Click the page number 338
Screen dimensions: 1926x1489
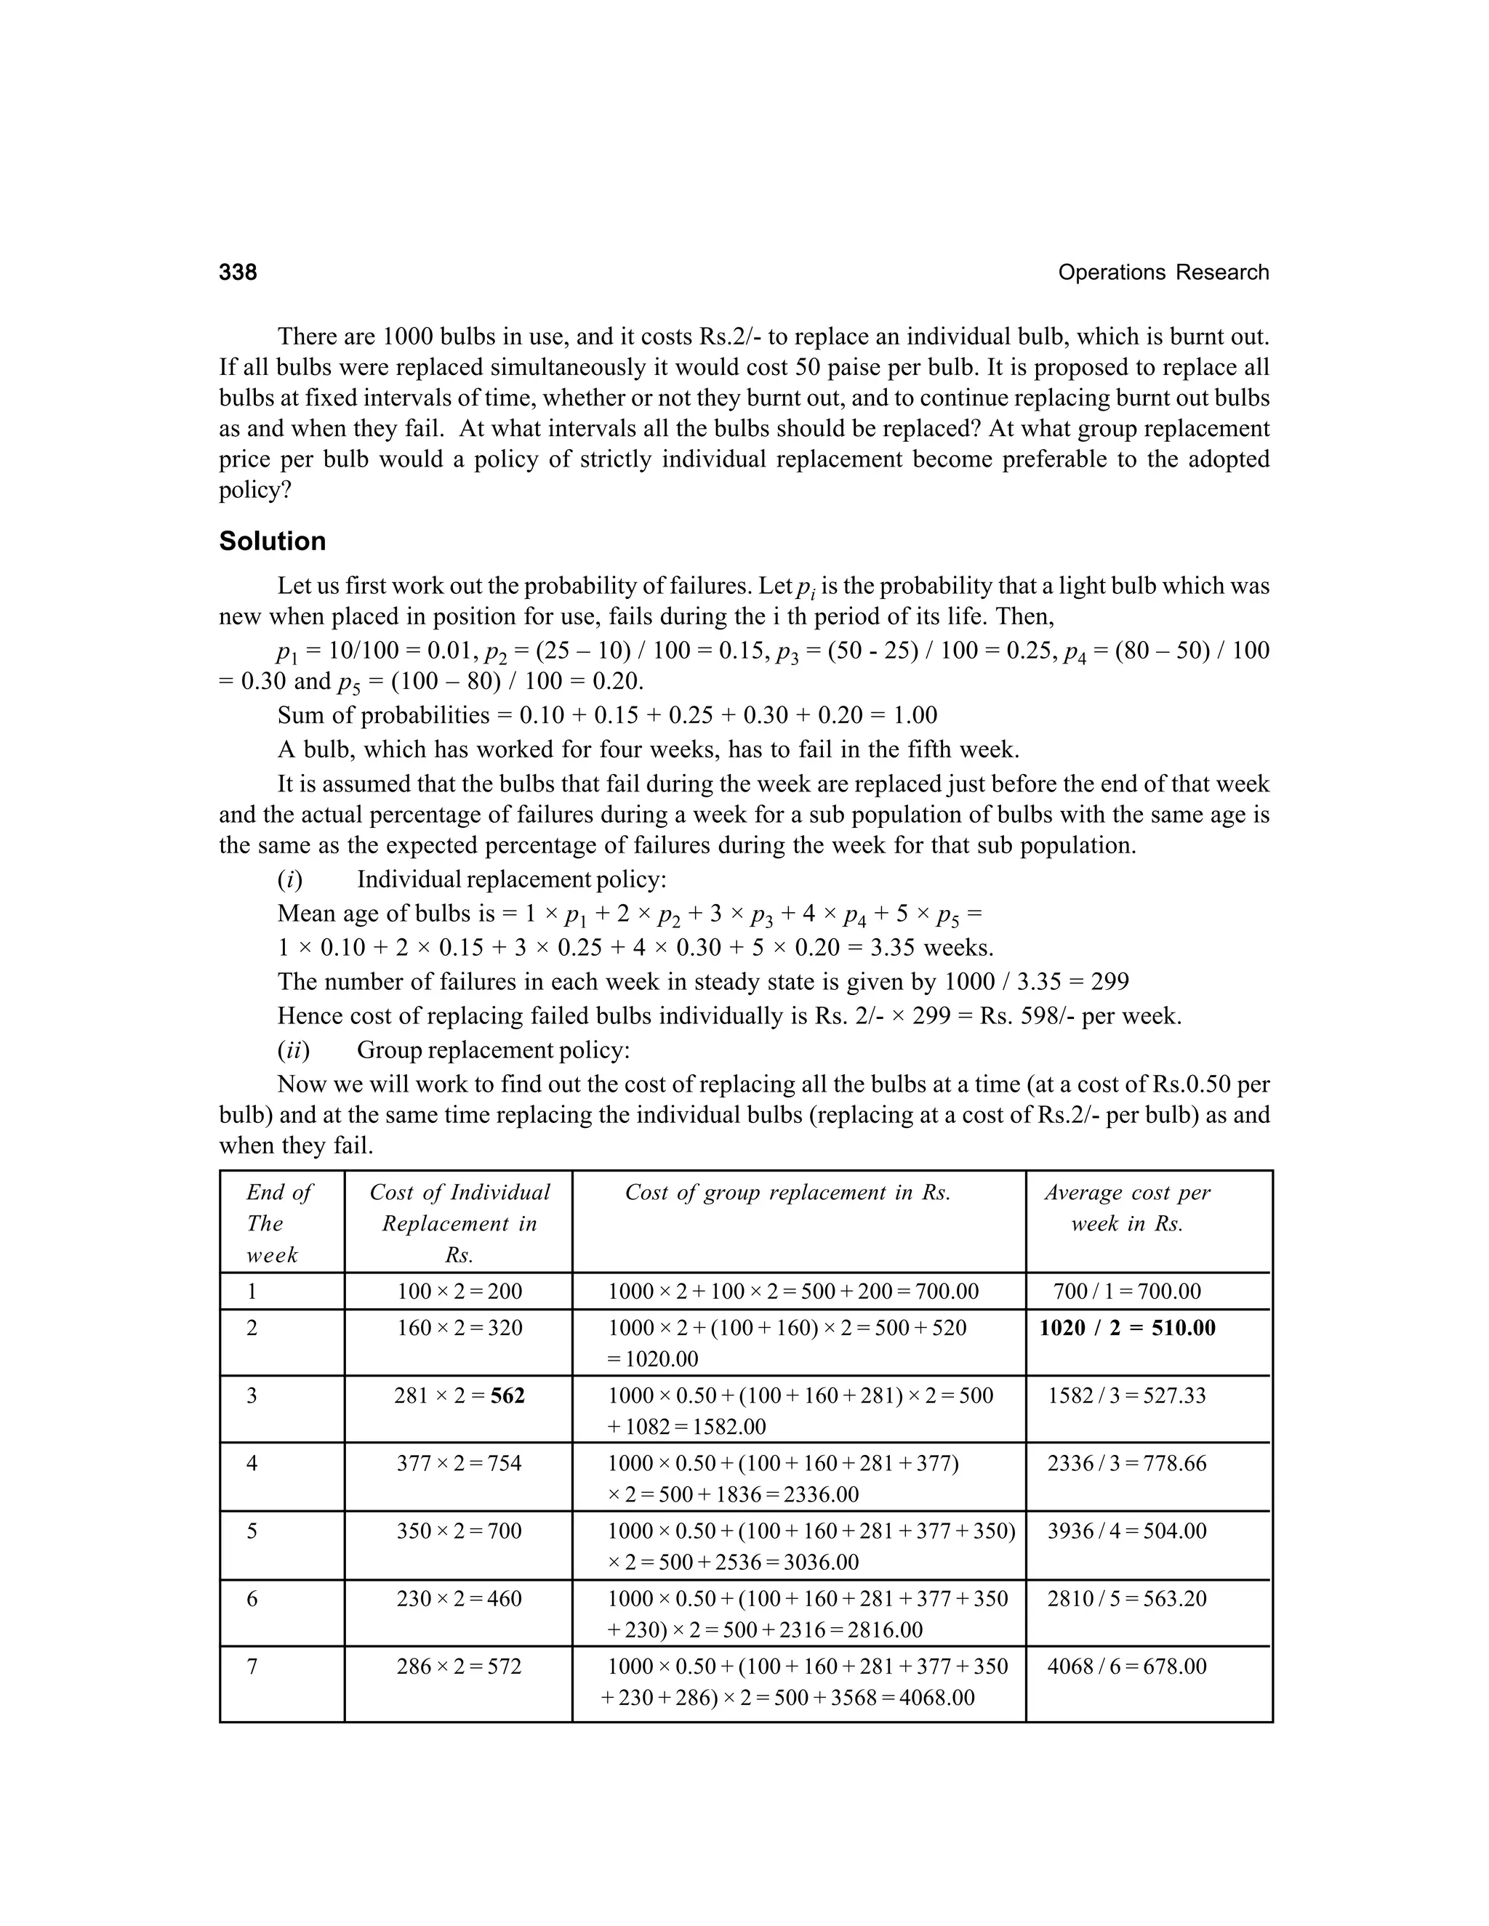click(x=238, y=273)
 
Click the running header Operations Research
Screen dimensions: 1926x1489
click(x=1163, y=273)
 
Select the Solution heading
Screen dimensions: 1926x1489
click(x=273, y=541)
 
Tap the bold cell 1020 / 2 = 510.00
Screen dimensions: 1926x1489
click(x=1128, y=1328)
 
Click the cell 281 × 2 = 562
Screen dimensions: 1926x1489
click(x=459, y=1396)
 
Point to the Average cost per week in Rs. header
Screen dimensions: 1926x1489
click(x=1128, y=1208)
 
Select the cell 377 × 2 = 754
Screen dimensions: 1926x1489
click(x=459, y=1464)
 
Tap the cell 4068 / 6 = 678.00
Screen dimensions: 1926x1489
click(x=1126, y=1667)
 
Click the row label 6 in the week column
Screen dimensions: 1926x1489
click(x=252, y=1599)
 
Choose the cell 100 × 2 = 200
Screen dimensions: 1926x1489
click(x=459, y=1292)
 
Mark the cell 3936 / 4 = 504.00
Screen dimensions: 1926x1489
click(x=1126, y=1531)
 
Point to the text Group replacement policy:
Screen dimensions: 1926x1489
click(x=492, y=1050)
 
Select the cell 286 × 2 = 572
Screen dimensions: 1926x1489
click(x=459, y=1667)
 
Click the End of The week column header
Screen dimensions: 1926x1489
click(x=278, y=1223)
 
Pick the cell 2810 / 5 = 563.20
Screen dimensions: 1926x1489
click(x=1126, y=1599)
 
